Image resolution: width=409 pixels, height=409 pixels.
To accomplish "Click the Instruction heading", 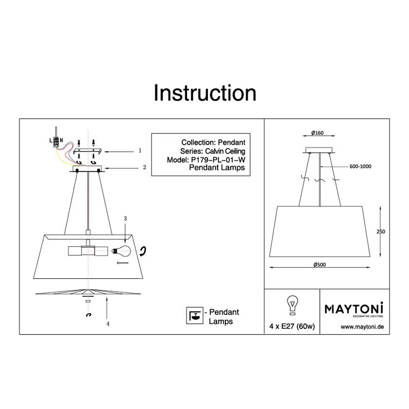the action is pyautogui.click(x=205, y=93).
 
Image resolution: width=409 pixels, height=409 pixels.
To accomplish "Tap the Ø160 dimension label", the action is pyautogui.click(x=317, y=133).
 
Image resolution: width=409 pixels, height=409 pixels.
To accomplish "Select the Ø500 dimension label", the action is pyautogui.click(x=319, y=265).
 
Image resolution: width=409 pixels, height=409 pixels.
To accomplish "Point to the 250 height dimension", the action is pyautogui.click(x=381, y=231).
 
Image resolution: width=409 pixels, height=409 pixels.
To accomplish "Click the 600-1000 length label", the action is pyautogui.click(x=360, y=166).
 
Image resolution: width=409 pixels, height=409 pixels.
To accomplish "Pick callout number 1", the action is pyautogui.click(x=140, y=151).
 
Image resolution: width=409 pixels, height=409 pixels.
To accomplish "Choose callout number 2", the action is pyautogui.click(x=144, y=167).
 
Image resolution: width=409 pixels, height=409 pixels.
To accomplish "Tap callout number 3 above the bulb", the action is pyautogui.click(x=125, y=218).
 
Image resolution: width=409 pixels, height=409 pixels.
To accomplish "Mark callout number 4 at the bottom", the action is pyautogui.click(x=108, y=324).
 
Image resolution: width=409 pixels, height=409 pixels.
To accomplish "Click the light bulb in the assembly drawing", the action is pyautogui.click(x=121, y=251).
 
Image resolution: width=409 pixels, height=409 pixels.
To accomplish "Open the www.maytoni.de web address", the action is pyautogui.click(x=362, y=327).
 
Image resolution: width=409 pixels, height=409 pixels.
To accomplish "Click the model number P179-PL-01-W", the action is pyautogui.click(x=218, y=160).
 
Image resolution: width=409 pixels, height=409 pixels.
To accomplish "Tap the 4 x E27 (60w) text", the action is pyautogui.click(x=292, y=326).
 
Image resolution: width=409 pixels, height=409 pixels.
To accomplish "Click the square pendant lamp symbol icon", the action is pyautogui.click(x=195, y=316).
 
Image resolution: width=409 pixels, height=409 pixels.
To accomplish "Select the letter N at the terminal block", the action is pyautogui.click(x=61, y=140).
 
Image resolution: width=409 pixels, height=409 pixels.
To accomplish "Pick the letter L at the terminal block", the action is pyautogui.click(x=51, y=141).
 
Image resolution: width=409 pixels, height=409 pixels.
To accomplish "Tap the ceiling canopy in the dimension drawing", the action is pyautogui.click(x=319, y=150).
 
